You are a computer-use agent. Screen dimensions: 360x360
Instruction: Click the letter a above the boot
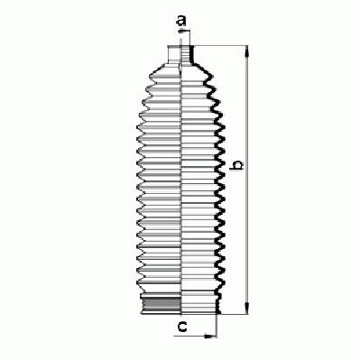pos(181,21)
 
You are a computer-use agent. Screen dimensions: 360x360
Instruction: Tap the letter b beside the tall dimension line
pos(237,165)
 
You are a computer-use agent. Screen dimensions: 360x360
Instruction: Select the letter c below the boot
pos(182,327)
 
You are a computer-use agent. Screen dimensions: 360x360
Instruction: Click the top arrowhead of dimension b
pos(247,51)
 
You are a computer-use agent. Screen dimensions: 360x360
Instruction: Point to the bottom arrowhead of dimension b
pos(247,309)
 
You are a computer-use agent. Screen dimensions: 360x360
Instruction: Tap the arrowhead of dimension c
pos(210,336)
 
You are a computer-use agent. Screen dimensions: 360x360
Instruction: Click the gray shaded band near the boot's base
pos(161,304)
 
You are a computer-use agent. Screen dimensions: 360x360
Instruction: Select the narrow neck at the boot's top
pos(179,54)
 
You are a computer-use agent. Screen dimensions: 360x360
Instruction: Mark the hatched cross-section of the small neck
pos(186,54)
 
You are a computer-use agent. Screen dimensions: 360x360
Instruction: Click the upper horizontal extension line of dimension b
pos(220,46)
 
